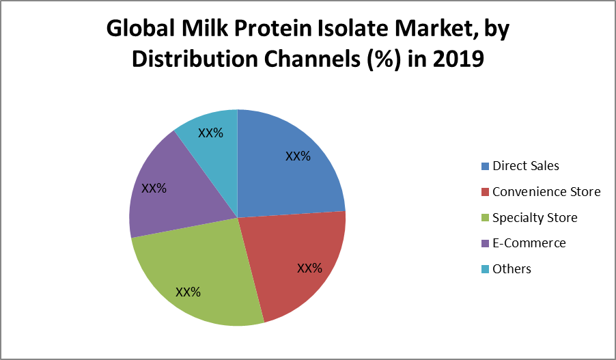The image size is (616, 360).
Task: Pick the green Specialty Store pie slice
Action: (197, 275)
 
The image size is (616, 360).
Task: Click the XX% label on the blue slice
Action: (298, 156)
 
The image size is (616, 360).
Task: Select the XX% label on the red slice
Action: (309, 268)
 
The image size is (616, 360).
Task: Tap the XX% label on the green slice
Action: (188, 292)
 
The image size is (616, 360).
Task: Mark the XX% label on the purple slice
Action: (154, 189)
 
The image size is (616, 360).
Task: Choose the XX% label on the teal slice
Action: (210, 133)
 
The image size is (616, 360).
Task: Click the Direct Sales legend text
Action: (526, 166)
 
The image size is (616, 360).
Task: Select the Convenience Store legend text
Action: (546, 192)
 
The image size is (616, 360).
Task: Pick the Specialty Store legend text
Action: (535, 218)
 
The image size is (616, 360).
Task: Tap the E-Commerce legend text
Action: (529, 243)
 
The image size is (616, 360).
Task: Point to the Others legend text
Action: (512, 269)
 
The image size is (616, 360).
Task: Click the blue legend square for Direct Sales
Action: (485, 166)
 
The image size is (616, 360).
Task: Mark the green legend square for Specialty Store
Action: (485, 218)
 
